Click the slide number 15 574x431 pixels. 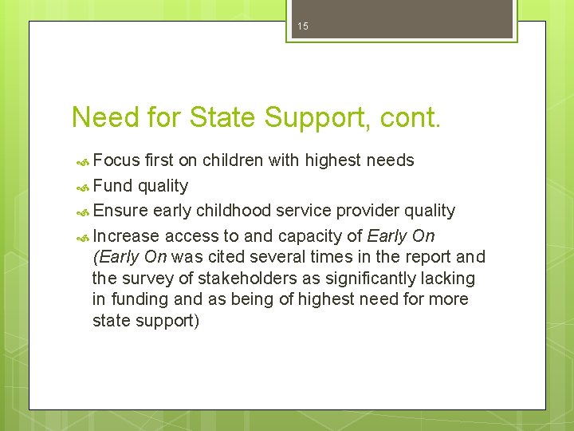302,27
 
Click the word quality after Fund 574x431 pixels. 163,186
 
